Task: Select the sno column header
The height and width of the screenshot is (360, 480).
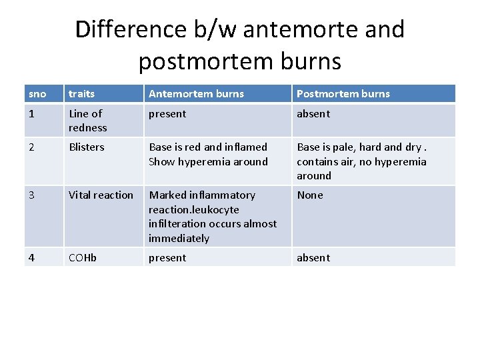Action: (37, 94)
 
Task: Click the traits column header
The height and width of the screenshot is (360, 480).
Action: (81, 94)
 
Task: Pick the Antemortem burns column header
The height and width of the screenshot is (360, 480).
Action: (196, 94)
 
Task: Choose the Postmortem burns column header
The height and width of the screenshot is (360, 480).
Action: (343, 94)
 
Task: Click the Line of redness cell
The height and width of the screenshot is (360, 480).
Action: (87, 121)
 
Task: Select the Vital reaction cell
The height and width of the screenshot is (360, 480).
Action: (101, 195)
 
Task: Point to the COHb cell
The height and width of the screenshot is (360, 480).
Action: (83, 258)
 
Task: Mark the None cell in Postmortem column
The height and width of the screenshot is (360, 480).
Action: (310, 195)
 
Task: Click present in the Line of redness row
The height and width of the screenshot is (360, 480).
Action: (167, 114)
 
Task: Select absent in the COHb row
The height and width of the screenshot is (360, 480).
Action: (313, 258)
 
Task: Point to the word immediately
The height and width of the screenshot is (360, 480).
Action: (179, 239)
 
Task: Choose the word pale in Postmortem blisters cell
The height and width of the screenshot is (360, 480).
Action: (345, 147)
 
